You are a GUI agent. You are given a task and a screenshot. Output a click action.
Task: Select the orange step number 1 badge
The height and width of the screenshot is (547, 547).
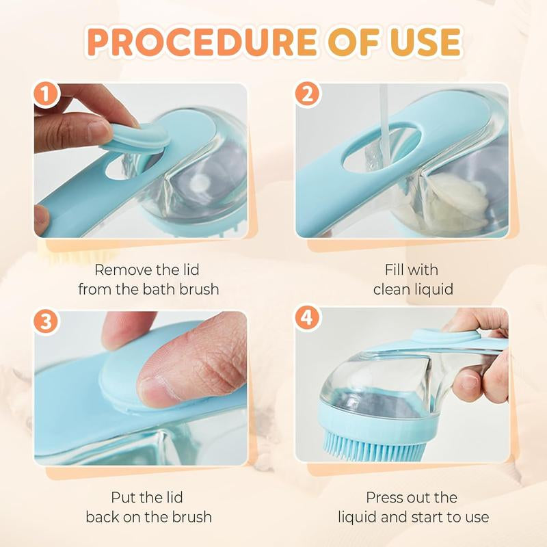[46, 95]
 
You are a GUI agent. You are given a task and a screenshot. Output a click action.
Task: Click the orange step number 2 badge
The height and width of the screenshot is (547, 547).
[307, 95]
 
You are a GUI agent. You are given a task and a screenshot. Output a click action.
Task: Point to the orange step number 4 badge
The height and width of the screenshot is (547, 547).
[307, 319]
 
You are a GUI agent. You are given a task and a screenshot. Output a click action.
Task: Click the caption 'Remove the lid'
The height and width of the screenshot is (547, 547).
[148, 269]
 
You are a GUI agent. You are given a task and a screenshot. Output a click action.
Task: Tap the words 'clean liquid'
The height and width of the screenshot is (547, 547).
[412, 289]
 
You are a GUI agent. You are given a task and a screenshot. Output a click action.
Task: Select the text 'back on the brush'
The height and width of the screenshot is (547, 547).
[148, 516]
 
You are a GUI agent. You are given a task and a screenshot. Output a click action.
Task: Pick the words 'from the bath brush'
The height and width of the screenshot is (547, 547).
[148, 289]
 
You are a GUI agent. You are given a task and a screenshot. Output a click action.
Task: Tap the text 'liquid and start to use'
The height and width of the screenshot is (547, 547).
[412, 516]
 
